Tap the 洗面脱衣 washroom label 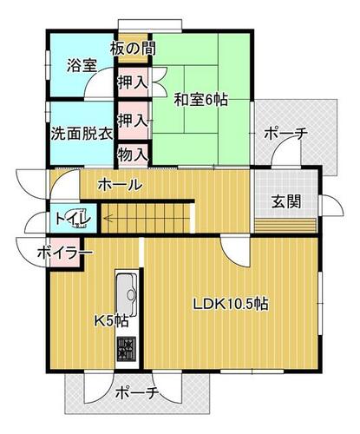click(82, 134)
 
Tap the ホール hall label click(121, 184)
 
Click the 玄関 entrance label click(285, 202)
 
